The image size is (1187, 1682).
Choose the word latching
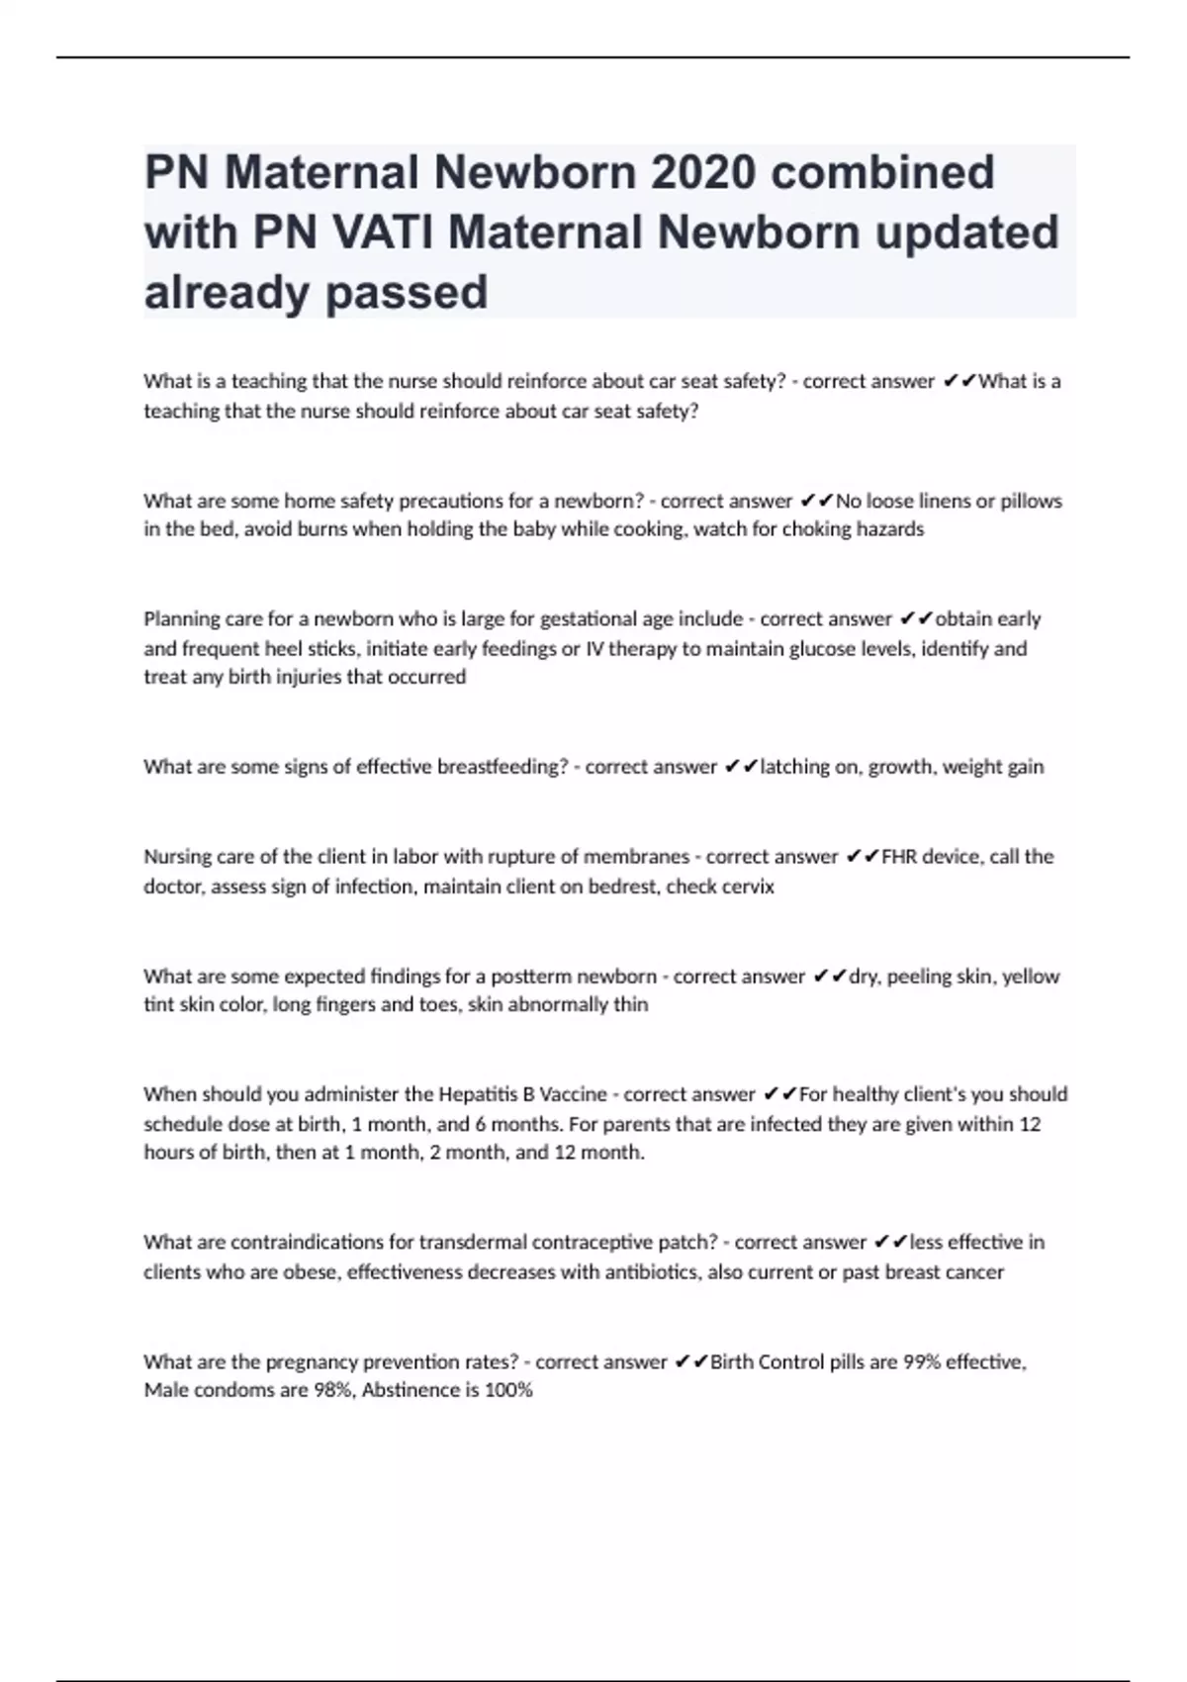[794, 767]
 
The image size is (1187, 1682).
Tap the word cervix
[748, 887]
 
